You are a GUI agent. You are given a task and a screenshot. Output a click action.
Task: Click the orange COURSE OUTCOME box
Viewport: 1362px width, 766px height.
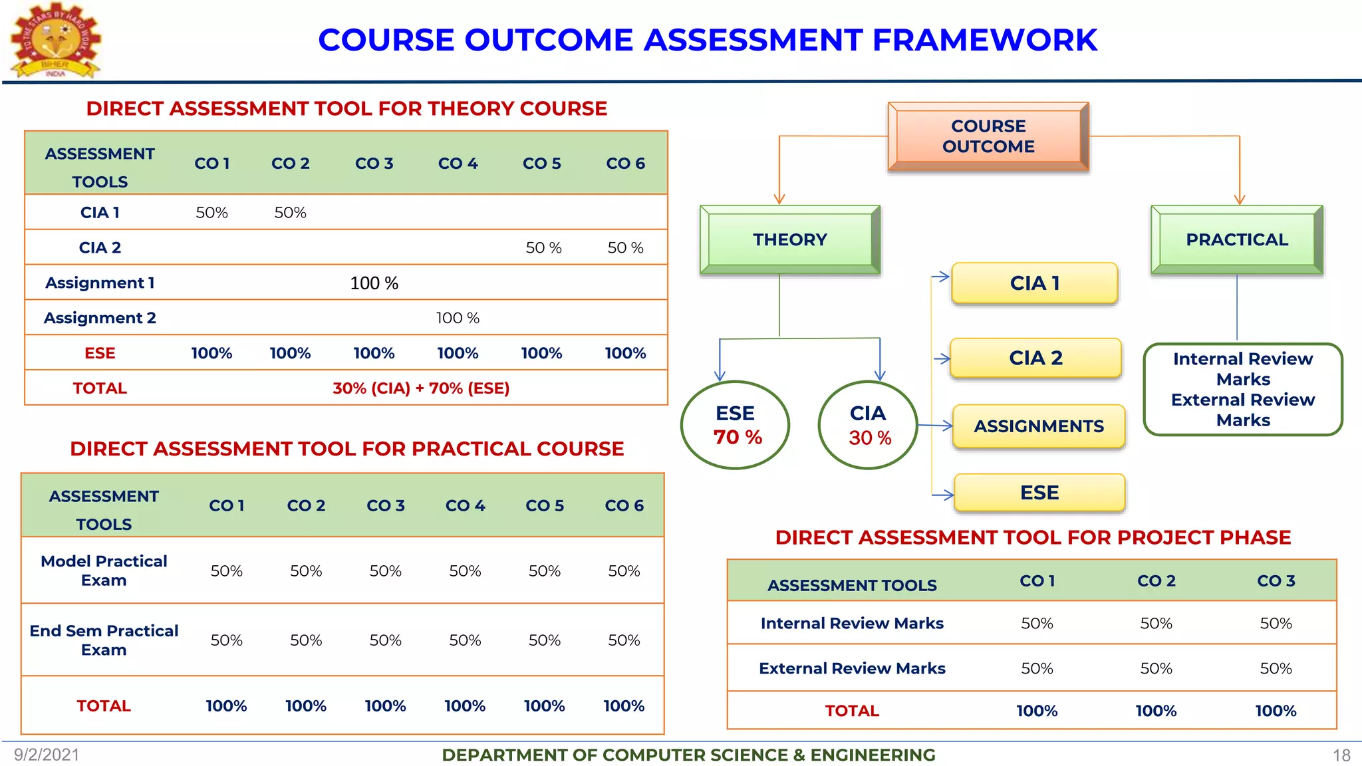coord(988,136)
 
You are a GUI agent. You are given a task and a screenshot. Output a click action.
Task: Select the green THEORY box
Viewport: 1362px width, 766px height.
coord(790,239)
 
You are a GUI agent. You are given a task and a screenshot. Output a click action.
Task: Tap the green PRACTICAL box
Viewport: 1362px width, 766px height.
coord(1237,239)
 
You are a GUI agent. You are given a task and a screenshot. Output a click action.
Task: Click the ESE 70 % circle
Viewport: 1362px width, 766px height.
coord(736,425)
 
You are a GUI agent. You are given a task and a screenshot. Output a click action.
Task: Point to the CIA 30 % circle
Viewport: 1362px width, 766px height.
coord(869,425)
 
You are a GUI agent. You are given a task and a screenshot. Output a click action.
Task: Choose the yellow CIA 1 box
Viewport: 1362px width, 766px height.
coord(1035,283)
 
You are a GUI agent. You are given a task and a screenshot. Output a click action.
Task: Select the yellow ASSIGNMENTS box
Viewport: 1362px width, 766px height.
coord(1039,426)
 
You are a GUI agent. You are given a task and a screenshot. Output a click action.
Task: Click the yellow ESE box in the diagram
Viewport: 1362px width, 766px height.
coord(1039,493)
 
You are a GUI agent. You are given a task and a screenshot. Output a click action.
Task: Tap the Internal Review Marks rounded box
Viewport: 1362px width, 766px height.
coord(1243,389)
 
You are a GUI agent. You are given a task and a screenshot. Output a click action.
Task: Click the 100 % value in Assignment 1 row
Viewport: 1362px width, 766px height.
coord(374,283)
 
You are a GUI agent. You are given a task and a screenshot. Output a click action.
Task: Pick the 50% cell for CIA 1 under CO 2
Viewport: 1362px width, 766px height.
coord(291,213)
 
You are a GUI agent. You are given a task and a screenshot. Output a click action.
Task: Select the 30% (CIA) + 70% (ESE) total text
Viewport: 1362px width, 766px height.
coord(421,388)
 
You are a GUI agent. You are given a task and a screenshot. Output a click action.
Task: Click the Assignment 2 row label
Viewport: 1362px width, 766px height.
coord(100,318)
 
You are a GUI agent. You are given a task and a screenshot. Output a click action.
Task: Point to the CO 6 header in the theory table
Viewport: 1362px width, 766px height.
coord(625,164)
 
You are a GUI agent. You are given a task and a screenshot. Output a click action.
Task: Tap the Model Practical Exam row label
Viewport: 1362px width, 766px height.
coord(104,571)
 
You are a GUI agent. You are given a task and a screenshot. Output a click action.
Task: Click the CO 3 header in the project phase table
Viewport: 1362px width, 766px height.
coord(1276,580)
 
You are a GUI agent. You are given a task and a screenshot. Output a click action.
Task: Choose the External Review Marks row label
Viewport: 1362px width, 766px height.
coord(852,668)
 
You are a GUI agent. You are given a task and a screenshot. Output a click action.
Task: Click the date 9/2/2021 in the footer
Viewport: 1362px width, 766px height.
coord(47,755)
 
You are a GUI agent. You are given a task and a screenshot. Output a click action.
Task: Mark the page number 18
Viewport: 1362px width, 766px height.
coord(1341,755)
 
